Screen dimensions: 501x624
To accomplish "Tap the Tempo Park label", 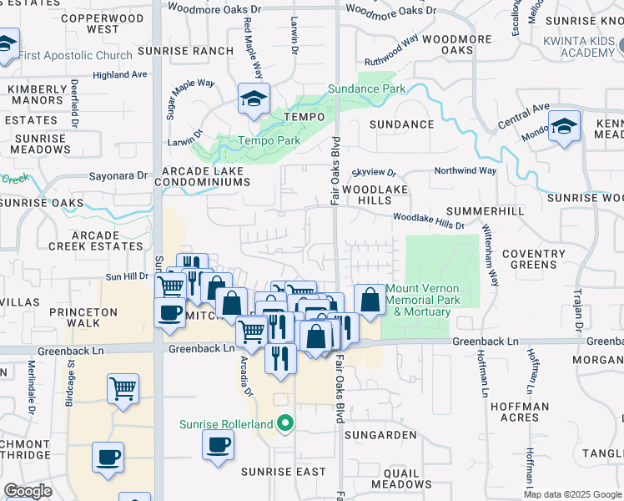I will [x=269, y=141].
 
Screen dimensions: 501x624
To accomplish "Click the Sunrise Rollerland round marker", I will [x=285, y=423].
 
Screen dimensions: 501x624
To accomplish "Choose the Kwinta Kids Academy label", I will [x=577, y=46].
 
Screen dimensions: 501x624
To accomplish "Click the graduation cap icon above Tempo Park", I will [x=251, y=99].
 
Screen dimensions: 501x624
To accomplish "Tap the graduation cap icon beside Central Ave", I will [x=565, y=127].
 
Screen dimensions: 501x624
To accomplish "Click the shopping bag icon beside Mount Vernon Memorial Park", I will [x=370, y=299].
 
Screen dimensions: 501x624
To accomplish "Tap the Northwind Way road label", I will [x=465, y=170].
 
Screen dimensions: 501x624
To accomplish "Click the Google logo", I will [x=28, y=491].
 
